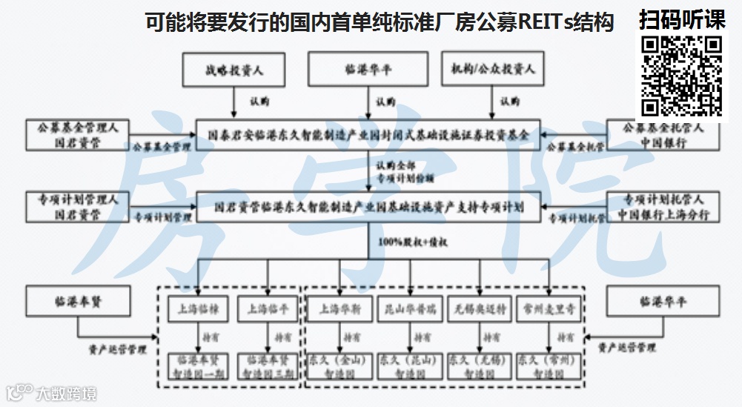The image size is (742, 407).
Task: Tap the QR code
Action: (x=682, y=76)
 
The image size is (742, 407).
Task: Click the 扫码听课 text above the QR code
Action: (x=682, y=20)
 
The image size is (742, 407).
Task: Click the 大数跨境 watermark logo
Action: (x=51, y=393)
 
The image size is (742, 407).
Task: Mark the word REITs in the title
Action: (x=541, y=23)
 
